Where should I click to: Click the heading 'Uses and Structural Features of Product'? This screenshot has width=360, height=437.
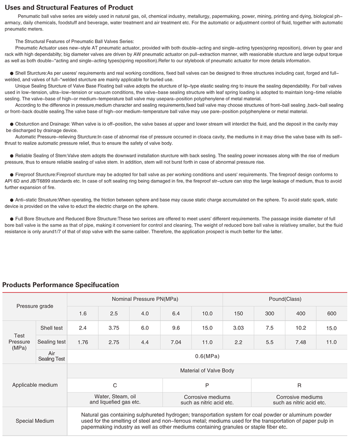(x=69, y=8)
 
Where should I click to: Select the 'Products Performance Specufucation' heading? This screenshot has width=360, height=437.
(x=61, y=285)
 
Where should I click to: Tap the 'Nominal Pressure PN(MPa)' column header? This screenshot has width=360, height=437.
(x=145, y=299)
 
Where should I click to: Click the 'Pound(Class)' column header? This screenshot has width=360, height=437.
(x=285, y=299)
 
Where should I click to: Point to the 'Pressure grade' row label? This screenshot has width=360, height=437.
(x=35, y=306)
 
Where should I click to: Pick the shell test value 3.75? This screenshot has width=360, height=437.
(x=114, y=328)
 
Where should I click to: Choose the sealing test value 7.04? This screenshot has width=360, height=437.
(x=176, y=342)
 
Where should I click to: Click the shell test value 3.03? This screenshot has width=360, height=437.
(x=238, y=328)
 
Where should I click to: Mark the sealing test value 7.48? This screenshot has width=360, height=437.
(x=301, y=342)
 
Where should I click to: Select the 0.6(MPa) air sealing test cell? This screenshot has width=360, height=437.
(x=207, y=356)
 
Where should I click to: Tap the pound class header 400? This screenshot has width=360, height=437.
(x=301, y=314)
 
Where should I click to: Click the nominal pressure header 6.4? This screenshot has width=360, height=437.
(x=176, y=314)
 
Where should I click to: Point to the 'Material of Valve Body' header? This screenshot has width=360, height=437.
(x=207, y=371)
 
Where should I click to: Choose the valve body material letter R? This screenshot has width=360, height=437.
(x=299, y=385)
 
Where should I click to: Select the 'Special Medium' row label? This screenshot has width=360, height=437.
(x=35, y=421)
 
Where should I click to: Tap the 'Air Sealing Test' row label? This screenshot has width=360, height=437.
(x=51, y=356)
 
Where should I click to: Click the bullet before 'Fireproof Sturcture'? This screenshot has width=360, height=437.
(x=12, y=175)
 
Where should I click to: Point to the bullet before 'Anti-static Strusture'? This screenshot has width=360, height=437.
(x=12, y=200)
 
